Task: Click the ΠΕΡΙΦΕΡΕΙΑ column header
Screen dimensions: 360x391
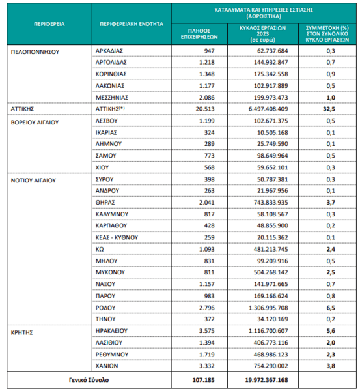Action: point(49,24)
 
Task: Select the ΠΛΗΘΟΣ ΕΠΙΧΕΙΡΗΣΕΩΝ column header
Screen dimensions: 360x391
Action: point(199,34)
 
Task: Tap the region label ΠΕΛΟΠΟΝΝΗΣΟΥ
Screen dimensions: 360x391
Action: point(35,52)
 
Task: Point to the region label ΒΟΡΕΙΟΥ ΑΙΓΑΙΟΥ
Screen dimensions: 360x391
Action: point(35,123)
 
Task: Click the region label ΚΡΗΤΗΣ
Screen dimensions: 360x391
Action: point(21,332)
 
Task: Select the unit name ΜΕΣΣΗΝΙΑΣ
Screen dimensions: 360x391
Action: point(111,98)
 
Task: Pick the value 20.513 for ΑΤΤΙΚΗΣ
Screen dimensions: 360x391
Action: point(205,109)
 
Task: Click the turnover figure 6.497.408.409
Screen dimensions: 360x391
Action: point(268,109)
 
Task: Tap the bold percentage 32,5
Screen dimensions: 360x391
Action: point(329,109)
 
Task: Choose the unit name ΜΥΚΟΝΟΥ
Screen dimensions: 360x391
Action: point(110,272)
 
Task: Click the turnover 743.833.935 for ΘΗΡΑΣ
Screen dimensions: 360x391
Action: point(271,203)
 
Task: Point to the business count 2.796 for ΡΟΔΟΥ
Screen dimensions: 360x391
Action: point(207,308)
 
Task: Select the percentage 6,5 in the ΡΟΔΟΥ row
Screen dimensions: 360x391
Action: point(331,308)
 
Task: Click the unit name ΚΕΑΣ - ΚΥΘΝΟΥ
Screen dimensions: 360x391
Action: point(117,237)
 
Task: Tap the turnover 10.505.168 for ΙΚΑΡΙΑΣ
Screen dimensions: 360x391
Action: point(273,132)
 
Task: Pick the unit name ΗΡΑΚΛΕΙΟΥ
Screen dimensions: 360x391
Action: point(111,331)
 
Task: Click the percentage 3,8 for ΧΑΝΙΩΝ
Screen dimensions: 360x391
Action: point(331,366)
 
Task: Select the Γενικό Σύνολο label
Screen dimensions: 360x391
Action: point(89,380)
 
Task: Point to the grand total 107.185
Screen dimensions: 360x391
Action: point(203,380)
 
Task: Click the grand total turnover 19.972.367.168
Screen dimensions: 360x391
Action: point(266,380)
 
